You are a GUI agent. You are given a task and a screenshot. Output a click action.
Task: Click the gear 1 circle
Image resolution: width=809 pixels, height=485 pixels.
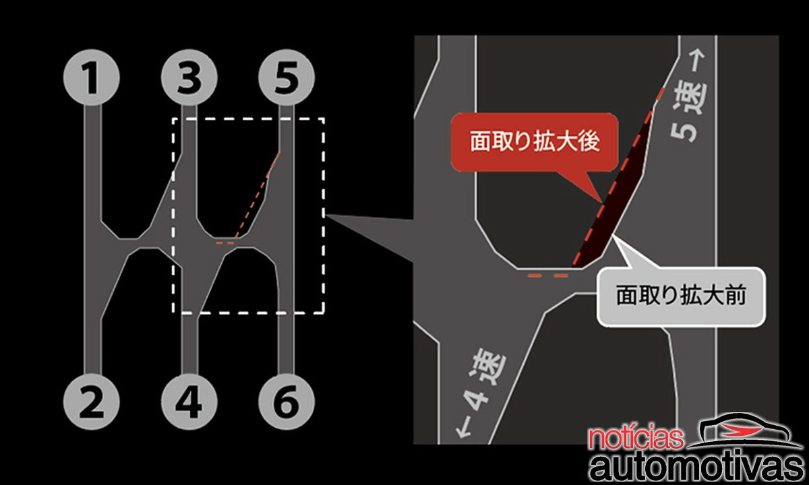tap(92, 77)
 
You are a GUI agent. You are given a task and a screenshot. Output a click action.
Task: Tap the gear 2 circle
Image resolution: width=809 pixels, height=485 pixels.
tap(92, 401)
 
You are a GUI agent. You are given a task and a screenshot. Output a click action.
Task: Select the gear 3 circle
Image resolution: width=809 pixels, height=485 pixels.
tap(189, 77)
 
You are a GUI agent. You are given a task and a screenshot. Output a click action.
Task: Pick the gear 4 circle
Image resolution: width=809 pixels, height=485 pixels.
tap(189, 401)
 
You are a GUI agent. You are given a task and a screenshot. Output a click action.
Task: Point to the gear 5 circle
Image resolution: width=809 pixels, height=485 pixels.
tap(287, 77)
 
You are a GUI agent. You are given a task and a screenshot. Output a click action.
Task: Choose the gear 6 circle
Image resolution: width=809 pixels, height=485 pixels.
tap(287, 401)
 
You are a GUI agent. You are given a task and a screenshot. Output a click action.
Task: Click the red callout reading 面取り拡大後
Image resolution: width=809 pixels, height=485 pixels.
tap(535, 142)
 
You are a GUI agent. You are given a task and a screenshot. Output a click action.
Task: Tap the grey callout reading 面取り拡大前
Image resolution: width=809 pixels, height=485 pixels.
tap(681, 296)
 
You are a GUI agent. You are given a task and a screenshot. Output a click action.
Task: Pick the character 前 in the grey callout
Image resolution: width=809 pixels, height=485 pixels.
tap(735, 296)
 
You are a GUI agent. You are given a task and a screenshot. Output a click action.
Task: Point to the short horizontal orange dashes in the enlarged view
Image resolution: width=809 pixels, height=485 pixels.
tap(548, 276)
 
